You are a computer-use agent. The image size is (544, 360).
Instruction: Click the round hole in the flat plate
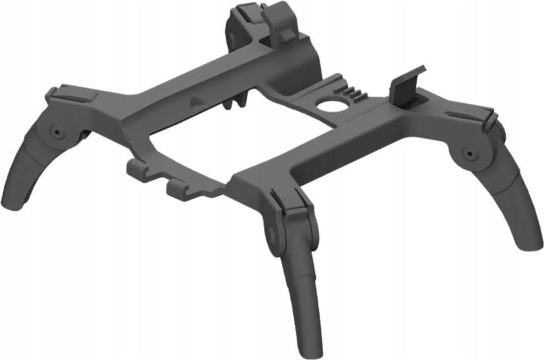tap(333, 105)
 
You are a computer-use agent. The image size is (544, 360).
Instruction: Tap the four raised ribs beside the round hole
tap(354, 94)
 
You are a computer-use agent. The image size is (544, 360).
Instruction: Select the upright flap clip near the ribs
tap(406, 88)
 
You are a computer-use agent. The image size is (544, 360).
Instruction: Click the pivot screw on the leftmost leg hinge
tap(55, 131)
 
